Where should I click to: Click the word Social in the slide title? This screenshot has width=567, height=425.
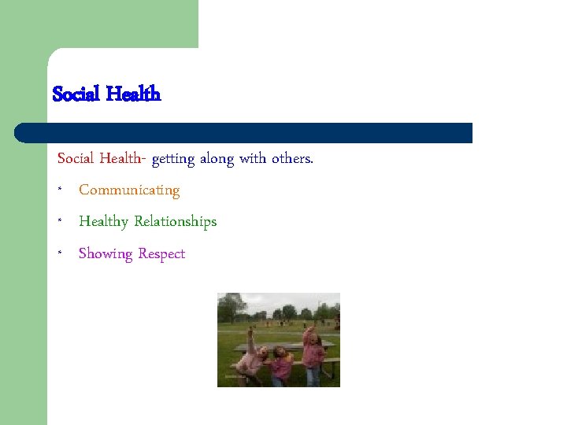tap(76, 94)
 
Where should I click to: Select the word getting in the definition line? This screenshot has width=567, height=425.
tap(173, 159)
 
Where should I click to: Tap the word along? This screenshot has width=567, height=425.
tap(217, 159)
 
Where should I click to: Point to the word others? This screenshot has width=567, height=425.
tap(292, 159)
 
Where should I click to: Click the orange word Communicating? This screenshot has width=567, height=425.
tap(129, 190)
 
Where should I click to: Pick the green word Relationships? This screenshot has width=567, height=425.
tap(175, 222)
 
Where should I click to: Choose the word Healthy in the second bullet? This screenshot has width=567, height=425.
tap(103, 222)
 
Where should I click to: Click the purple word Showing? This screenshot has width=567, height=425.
tap(106, 254)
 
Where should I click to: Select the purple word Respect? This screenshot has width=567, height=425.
tap(161, 254)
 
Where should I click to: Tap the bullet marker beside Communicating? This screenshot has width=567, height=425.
tap(60, 191)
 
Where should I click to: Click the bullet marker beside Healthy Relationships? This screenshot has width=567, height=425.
tap(60, 223)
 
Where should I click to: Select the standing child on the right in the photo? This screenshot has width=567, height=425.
tap(312, 354)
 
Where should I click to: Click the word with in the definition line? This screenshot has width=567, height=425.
tap(253, 159)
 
